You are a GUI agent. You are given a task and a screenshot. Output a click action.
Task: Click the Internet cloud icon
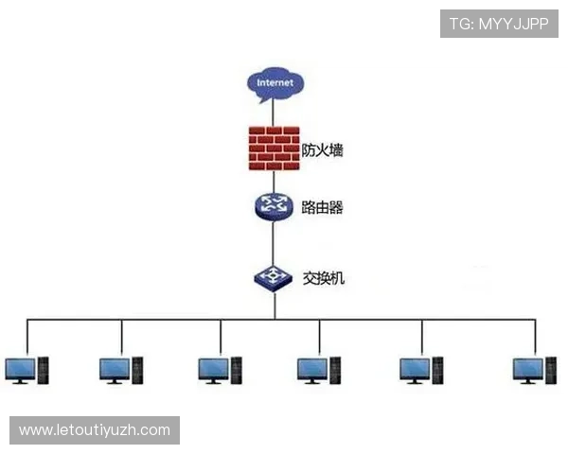[x=275, y=85]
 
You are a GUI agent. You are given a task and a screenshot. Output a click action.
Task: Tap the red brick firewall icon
[x=275, y=148]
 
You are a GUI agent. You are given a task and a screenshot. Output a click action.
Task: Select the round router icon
[x=274, y=207]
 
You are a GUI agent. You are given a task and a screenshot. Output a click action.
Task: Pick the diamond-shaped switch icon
[x=274, y=278]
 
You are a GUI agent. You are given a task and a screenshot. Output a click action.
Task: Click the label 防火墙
[x=322, y=149]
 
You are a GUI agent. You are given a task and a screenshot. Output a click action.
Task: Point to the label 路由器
[x=322, y=207]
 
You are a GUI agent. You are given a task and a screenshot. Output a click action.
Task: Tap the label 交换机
[x=323, y=278]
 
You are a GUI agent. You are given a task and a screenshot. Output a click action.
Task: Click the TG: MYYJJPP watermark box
[x=499, y=24]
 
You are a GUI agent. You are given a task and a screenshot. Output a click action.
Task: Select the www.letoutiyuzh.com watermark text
[x=95, y=430]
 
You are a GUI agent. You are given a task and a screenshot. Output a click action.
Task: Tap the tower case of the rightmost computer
[x=551, y=371]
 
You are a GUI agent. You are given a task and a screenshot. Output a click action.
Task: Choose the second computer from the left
[x=121, y=371]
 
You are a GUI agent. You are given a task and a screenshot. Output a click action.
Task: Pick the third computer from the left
[x=221, y=371]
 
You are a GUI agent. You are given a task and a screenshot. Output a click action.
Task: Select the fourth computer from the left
[x=319, y=371]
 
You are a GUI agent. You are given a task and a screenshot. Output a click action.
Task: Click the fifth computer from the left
[x=421, y=371]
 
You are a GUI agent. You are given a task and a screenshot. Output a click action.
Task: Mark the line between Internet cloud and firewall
[x=274, y=115]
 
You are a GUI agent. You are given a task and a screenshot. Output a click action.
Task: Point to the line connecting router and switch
[x=274, y=243]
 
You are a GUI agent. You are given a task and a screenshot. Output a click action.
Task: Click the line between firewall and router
[x=274, y=182]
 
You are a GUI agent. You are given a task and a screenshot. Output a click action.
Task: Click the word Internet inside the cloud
[x=275, y=82]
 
